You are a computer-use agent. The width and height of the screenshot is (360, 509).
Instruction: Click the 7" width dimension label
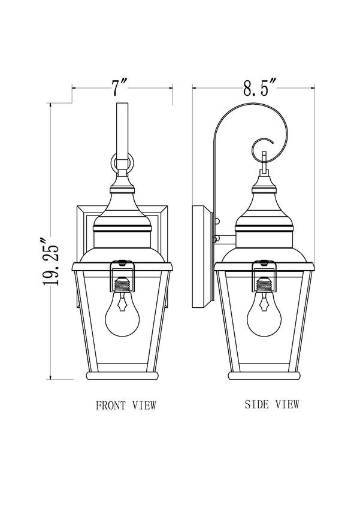[122, 89]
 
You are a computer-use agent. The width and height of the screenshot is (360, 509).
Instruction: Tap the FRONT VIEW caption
[126, 405]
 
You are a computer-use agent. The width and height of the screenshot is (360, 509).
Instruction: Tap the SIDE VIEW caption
[272, 404]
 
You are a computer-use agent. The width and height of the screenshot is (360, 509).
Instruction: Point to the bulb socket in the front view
[122, 282]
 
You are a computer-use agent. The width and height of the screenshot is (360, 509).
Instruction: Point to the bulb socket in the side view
[264, 282]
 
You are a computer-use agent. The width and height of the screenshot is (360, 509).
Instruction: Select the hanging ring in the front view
[122, 162]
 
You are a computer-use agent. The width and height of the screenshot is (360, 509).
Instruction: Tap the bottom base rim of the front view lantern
[122, 375]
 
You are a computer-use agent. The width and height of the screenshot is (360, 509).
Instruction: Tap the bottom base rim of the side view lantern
[264, 375]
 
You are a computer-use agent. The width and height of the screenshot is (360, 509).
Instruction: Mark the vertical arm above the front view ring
[122, 129]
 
